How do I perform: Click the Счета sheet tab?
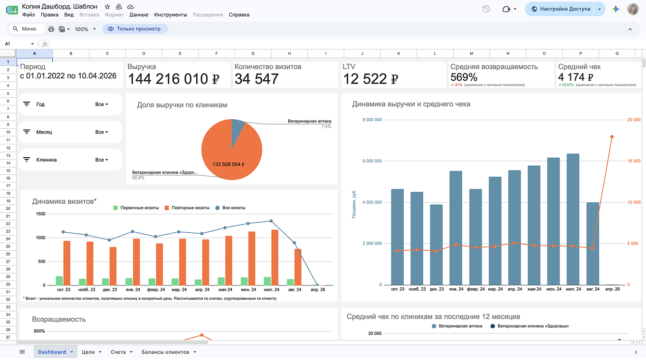[x=118, y=352]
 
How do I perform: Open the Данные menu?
[x=139, y=15]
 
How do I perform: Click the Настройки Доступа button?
[x=561, y=9]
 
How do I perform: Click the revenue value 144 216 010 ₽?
[x=173, y=79]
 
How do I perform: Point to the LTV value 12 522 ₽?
[x=370, y=79]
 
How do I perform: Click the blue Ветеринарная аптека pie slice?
[x=237, y=130]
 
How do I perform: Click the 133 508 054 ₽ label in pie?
[x=228, y=164]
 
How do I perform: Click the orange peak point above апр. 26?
[x=612, y=137]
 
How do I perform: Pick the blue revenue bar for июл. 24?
[x=573, y=219]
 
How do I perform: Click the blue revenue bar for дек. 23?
[x=436, y=245]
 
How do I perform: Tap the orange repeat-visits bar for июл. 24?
[x=275, y=257]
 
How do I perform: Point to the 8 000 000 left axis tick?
[x=372, y=120]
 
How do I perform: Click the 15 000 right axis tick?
[x=634, y=161]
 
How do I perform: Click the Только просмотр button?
[x=135, y=29]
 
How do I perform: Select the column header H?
[x=289, y=53]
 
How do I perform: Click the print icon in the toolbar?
[x=51, y=29]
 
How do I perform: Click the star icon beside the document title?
[x=107, y=7]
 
